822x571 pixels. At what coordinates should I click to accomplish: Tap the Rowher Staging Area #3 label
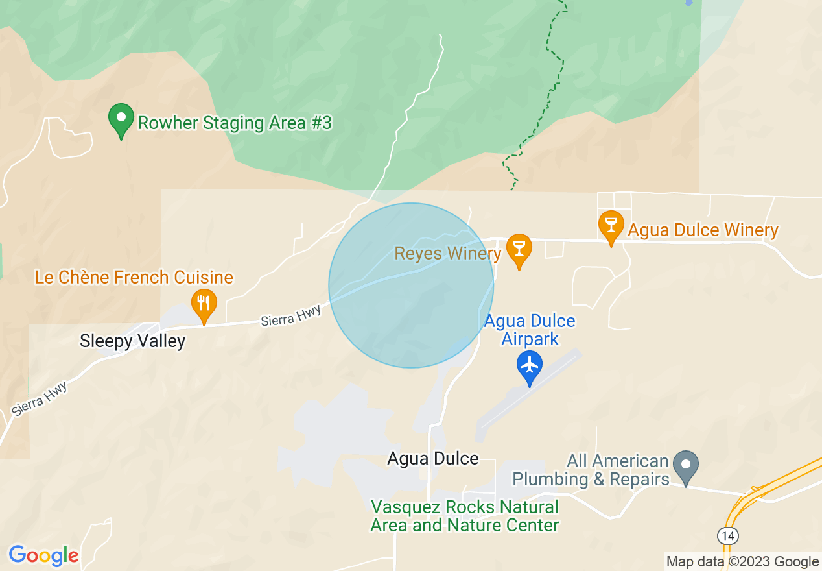pyautogui.click(x=235, y=123)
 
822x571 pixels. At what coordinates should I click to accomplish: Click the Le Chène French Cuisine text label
pyautogui.click(x=134, y=278)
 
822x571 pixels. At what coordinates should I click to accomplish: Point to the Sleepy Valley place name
pyautogui.click(x=132, y=341)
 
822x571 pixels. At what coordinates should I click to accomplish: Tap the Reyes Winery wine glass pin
pyautogui.click(x=519, y=250)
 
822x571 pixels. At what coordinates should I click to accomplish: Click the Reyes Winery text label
pyautogui.click(x=447, y=253)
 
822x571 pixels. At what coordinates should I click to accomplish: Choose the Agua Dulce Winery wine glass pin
pyautogui.click(x=610, y=227)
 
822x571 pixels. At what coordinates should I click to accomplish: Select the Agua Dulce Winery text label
pyautogui.click(x=703, y=230)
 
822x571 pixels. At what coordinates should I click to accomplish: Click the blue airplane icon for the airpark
pyautogui.click(x=530, y=367)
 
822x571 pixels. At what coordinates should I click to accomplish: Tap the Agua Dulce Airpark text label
pyautogui.click(x=530, y=330)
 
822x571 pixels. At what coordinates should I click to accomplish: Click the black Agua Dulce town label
pyautogui.click(x=433, y=458)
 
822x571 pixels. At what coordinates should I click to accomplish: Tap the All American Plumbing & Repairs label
pyautogui.click(x=591, y=470)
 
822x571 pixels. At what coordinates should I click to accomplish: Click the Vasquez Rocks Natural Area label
pyautogui.click(x=464, y=516)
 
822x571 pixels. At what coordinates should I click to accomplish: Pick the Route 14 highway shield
pyautogui.click(x=727, y=535)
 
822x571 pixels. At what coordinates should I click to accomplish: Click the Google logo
pyautogui.click(x=44, y=555)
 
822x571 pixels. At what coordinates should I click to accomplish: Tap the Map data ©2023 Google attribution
pyautogui.click(x=743, y=561)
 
